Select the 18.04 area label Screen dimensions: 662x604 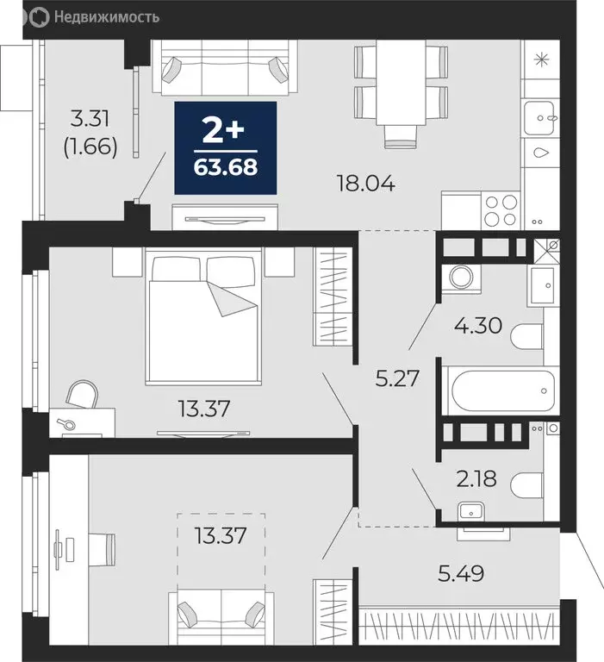tap(366, 183)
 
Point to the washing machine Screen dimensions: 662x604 tap(457, 278)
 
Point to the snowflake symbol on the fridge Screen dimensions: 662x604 tap(541, 59)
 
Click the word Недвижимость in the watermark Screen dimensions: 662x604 tap(107, 15)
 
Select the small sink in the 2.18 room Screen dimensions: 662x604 tap(471, 511)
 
